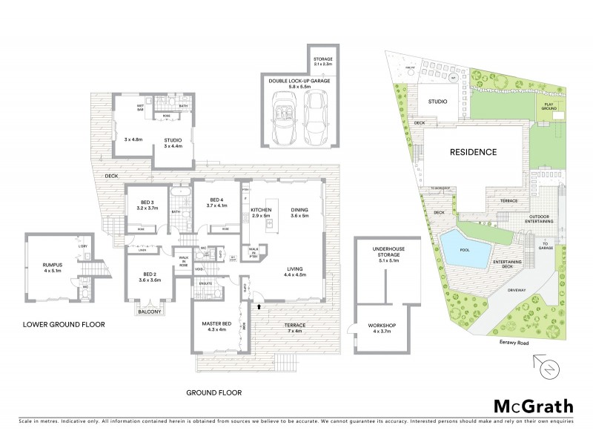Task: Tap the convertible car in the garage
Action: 284,122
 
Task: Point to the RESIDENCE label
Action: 473,152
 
